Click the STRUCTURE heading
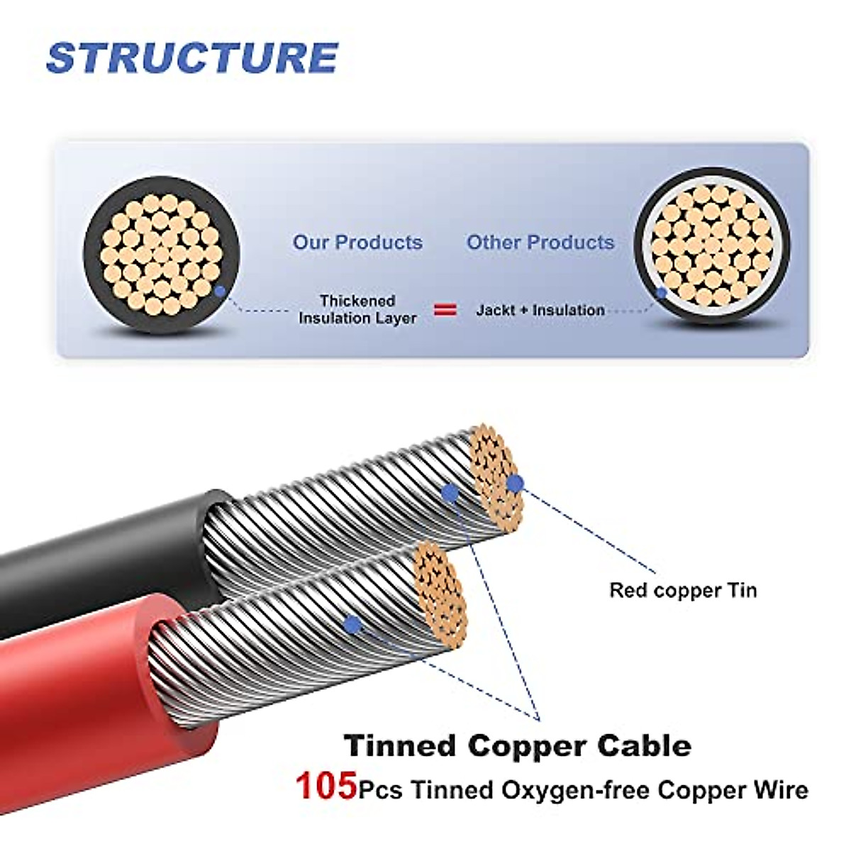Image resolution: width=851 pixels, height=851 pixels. coord(191,58)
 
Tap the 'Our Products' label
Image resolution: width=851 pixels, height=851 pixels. coord(357,243)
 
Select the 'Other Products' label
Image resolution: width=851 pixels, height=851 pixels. coord(540,243)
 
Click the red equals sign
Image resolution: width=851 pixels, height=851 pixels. coord(445,310)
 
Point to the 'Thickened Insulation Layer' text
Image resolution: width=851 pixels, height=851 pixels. coord(357,310)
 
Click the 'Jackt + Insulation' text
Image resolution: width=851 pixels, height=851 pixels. coord(540,310)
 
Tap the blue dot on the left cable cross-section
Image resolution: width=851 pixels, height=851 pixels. coord(220,291)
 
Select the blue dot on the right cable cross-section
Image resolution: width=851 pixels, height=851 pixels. coord(661,292)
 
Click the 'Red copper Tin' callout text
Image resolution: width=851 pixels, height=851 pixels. coord(683,590)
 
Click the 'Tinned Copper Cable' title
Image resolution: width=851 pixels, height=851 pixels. coord(518,745)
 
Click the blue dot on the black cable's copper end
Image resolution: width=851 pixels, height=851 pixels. coord(515,484)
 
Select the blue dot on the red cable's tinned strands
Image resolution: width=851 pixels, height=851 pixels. coord(352,624)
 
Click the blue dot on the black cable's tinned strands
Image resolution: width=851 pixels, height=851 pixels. coord(450,494)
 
